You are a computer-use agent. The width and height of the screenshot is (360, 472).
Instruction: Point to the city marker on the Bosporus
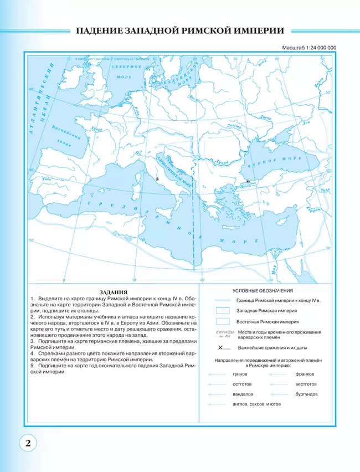[248, 181]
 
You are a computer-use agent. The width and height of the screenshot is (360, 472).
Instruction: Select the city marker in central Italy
[157, 179]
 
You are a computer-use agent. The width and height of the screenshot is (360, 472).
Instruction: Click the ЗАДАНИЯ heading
[112, 291]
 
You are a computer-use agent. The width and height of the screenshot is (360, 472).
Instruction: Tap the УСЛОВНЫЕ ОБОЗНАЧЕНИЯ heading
[263, 290]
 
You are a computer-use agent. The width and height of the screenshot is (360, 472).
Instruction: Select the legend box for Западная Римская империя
[222, 310]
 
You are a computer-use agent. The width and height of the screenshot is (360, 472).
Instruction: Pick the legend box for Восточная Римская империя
[222, 321]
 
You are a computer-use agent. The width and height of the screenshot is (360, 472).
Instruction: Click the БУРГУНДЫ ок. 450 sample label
[222, 334]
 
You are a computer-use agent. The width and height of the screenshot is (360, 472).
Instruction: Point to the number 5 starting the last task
[33, 366]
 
